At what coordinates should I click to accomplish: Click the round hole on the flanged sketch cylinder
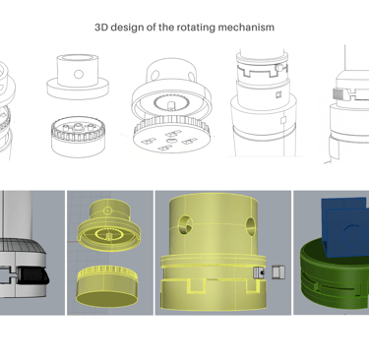(x=79, y=74)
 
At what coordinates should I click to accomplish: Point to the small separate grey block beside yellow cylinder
(x=278, y=272)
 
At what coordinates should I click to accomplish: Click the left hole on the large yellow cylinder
(x=184, y=225)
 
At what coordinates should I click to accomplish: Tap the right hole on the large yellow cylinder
(x=251, y=226)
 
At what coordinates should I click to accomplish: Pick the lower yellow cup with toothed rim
(x=107, y=284)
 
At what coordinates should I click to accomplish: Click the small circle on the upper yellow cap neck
(x=107, y=210)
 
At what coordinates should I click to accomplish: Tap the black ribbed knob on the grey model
(x=32, y=274)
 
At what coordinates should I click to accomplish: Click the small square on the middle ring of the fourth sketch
(x=278, y=94)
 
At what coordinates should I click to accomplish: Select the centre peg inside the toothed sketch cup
(x=78, y=126)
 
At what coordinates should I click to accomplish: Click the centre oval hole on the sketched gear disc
(x=169, y=141)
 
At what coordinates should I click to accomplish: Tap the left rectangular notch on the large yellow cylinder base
(x=196, y=285)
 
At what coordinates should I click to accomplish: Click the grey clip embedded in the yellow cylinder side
(x=259, y=272)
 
